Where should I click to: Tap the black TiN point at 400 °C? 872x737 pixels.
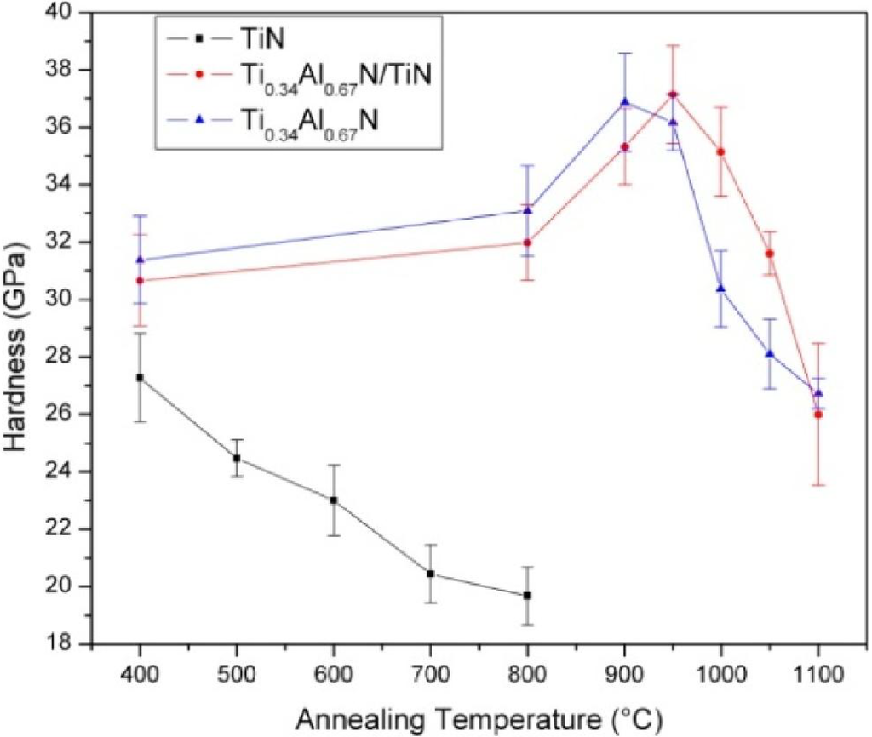coord(140,377)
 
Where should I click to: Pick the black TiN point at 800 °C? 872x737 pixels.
coord(528,596)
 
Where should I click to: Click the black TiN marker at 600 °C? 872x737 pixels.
coord(334,500)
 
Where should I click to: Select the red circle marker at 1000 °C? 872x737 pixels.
coord(721,151)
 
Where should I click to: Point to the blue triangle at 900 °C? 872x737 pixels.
coord(625,102)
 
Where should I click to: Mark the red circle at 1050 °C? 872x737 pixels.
coord(770,254)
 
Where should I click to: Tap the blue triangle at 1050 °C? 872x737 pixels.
coord(770,353)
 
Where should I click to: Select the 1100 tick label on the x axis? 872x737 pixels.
coord(818,672)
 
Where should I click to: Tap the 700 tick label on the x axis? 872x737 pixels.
coord(431,672)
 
